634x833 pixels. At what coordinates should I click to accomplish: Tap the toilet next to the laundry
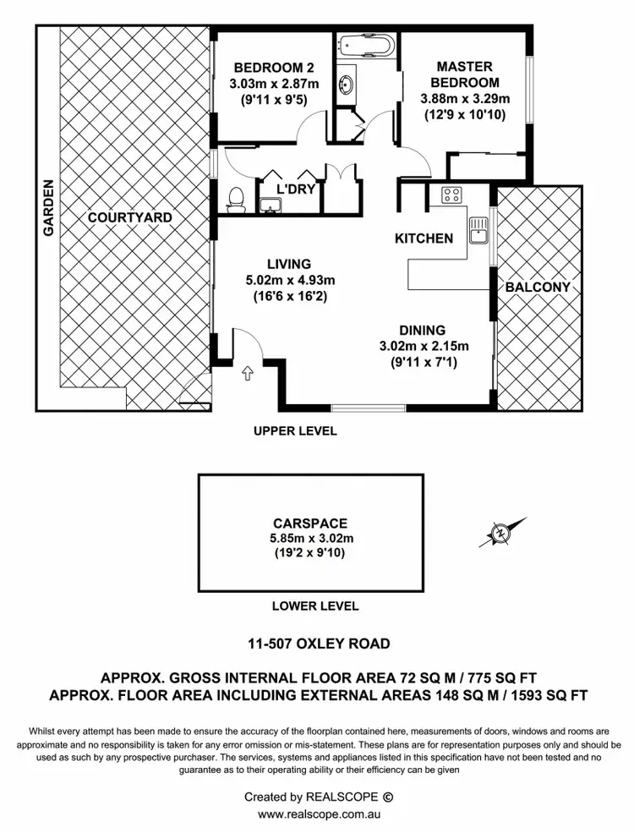pos(235,199)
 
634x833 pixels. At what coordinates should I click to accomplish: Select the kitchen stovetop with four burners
pos(451,195)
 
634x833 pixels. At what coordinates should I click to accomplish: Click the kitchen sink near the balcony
pos(478,229)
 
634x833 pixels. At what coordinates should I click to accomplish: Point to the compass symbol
pos(502,533)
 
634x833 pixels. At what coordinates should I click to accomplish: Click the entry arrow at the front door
pos(249,373)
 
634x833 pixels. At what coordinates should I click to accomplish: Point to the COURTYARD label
pos(130,218)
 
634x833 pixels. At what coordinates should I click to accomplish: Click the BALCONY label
pos(538,288)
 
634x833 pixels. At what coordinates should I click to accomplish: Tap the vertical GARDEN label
pos(48,207)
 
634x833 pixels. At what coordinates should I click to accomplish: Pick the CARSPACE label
pos(310,523)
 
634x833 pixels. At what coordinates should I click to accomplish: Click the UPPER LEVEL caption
pos(295,431)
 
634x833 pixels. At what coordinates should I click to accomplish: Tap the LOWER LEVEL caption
pos(315,606)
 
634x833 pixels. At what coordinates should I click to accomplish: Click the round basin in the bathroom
pos(346,85)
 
